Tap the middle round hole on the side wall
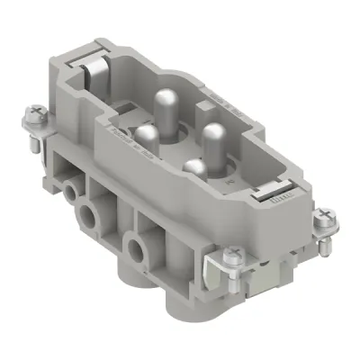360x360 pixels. (x=88, y=215)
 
